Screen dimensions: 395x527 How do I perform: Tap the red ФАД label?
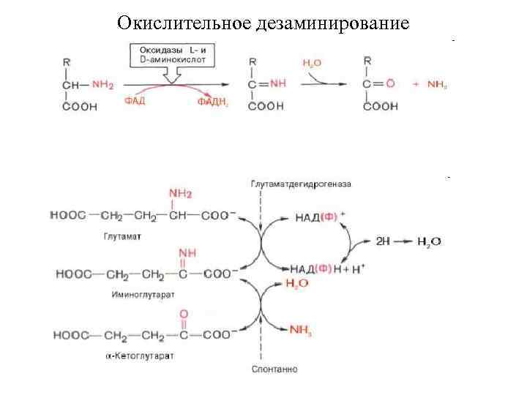pos(133,102)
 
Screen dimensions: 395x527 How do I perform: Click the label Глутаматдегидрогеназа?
pos(301,183)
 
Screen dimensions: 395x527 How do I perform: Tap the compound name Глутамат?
pos(117,238)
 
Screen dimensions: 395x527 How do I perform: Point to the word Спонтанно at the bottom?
pos(274,369)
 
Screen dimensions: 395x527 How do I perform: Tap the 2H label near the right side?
pos(383,241)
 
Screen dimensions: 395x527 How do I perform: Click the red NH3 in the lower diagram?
pos(301,330)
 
